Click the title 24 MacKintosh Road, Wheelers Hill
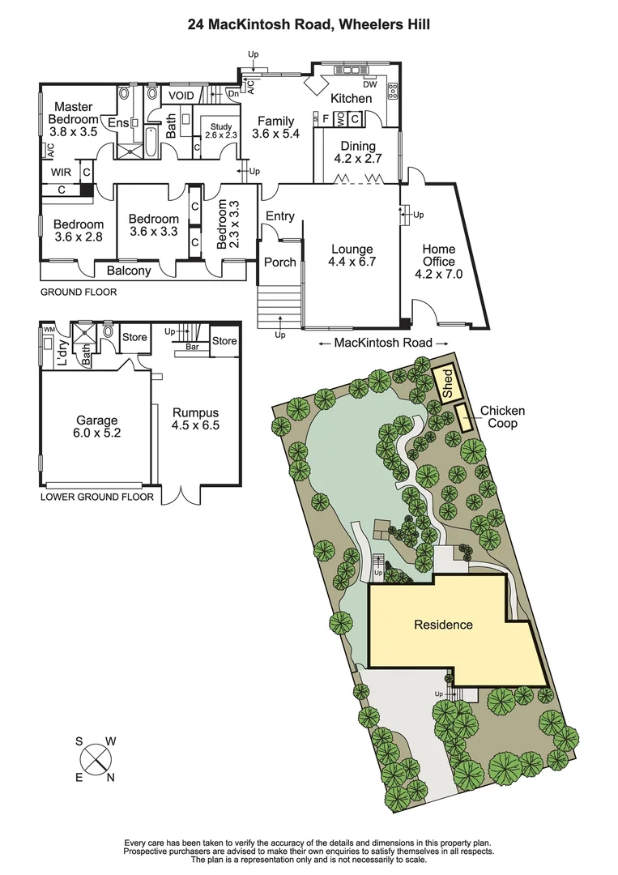[309, 25]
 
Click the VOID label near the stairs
[181, 96]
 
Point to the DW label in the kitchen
[370, 84]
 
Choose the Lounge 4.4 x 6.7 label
[352, 255]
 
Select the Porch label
[280, 262]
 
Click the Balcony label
[129, 271]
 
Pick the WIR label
[62, 173]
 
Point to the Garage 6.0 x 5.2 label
[97, 426]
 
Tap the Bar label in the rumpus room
[193, 347]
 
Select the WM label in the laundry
[49, 330]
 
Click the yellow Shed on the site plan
[447, 383]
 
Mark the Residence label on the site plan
[443, 625]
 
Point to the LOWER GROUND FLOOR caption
[96, 497]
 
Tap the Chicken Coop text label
[502, 417]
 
